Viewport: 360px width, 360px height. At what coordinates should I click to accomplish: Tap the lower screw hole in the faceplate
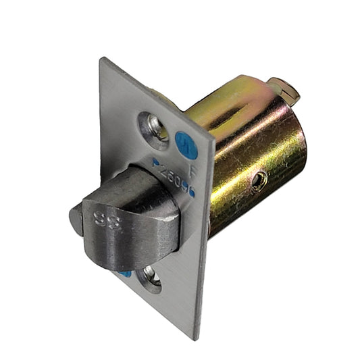[x=151, y=277]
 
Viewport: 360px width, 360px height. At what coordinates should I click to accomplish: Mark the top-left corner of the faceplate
[x=101, y=59]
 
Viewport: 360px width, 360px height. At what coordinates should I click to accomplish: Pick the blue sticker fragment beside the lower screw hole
[x=126, y=273]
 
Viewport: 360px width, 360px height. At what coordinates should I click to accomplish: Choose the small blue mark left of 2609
[x=156, y=163]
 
